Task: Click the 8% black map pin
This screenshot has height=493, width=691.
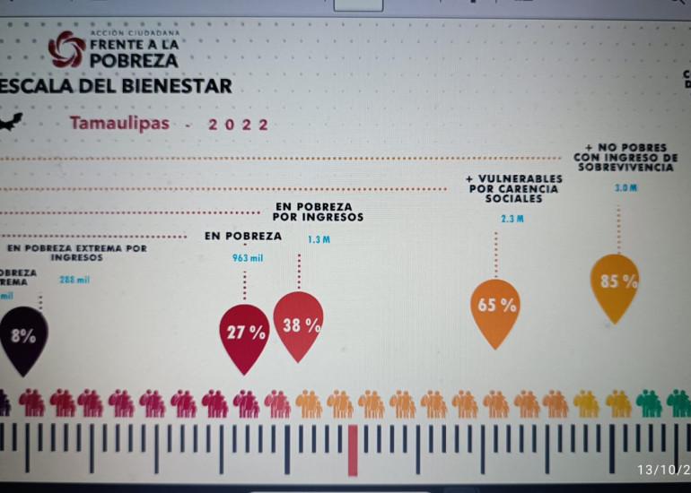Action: [x=24, y=337]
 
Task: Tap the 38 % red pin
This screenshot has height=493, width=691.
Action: [x=299, y=325]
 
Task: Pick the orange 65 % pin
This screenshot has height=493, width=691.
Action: [x=495, y=307]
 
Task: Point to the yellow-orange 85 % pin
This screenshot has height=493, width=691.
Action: [x=618, y=283]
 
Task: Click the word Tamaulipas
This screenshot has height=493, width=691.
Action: [x=120, y=124]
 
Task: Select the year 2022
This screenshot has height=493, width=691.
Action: [x=238, y=125]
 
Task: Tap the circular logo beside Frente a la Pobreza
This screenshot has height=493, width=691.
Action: [x=66, y=50]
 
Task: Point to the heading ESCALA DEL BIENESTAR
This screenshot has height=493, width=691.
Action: [x=115, y=87]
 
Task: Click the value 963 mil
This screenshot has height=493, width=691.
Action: [x=247, y=257]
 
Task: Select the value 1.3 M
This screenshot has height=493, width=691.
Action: [x=319, y=239]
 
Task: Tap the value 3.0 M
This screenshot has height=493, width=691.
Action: [x=625, y=188]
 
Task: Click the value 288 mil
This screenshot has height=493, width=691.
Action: [x=74, y=280]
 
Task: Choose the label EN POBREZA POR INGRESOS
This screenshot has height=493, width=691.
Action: [x=319, y=212]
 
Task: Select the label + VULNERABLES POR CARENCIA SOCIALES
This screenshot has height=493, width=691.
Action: [x=514, y=188]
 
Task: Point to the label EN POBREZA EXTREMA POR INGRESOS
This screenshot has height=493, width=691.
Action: [x=76, y=252]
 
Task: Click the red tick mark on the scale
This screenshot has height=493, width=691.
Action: [x=353, y=449]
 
